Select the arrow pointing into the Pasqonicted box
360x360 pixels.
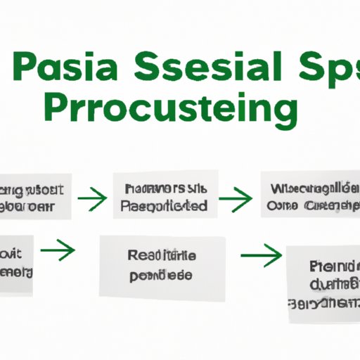pos(93,200)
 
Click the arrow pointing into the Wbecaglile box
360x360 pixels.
pos(236,200)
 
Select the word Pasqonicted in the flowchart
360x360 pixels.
pos(164,206)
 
